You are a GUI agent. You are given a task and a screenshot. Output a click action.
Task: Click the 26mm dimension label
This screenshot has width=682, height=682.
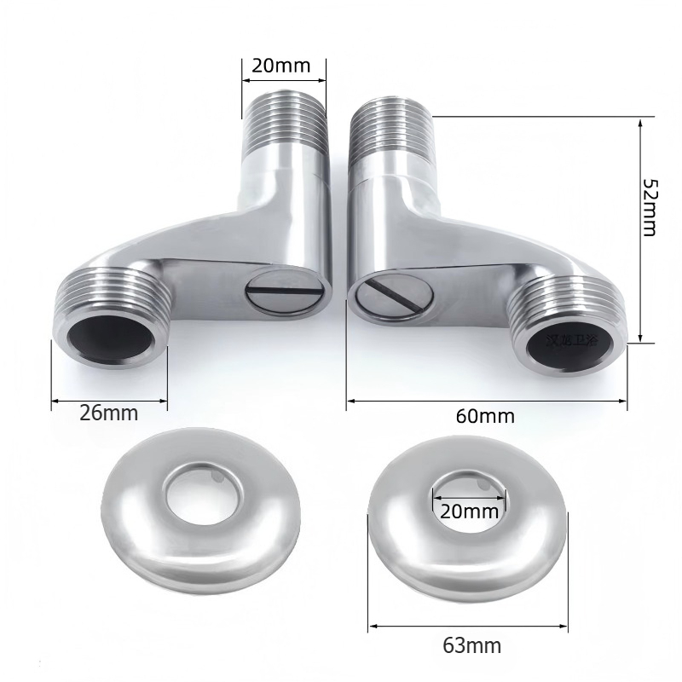pos(108,413)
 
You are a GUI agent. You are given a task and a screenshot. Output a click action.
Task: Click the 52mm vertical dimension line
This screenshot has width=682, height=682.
pos(641,230)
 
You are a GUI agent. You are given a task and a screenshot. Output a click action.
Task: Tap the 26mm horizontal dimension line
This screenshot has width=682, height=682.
pos(108,398)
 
